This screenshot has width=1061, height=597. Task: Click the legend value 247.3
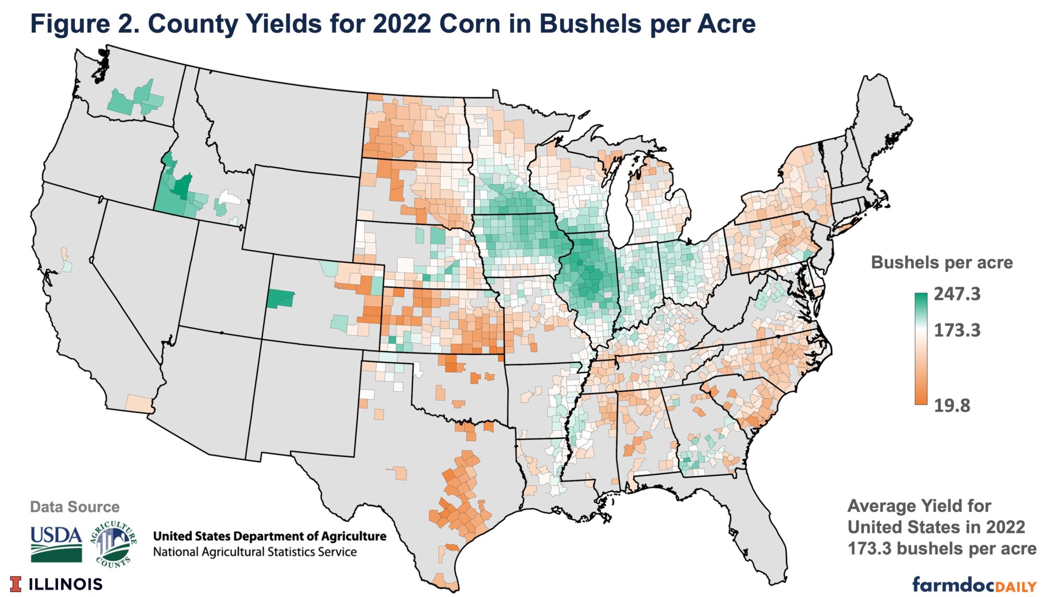[957, 294]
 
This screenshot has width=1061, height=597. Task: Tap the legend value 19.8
[952, 405]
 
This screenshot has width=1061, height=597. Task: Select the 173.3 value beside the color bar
[957, 330]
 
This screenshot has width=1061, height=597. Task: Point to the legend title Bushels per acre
[941, 263]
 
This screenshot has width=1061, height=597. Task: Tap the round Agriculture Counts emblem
[113, 544]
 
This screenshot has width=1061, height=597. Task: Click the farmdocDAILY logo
[973, 585]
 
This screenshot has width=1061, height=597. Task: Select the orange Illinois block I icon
[16, 584]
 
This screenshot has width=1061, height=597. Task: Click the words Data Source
[75, 507]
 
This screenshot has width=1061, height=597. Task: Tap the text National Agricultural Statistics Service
[254, 552]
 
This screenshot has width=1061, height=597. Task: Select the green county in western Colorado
[280, 299]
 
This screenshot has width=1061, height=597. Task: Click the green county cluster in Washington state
[136, 100]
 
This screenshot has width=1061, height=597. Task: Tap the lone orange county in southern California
[138, 404]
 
